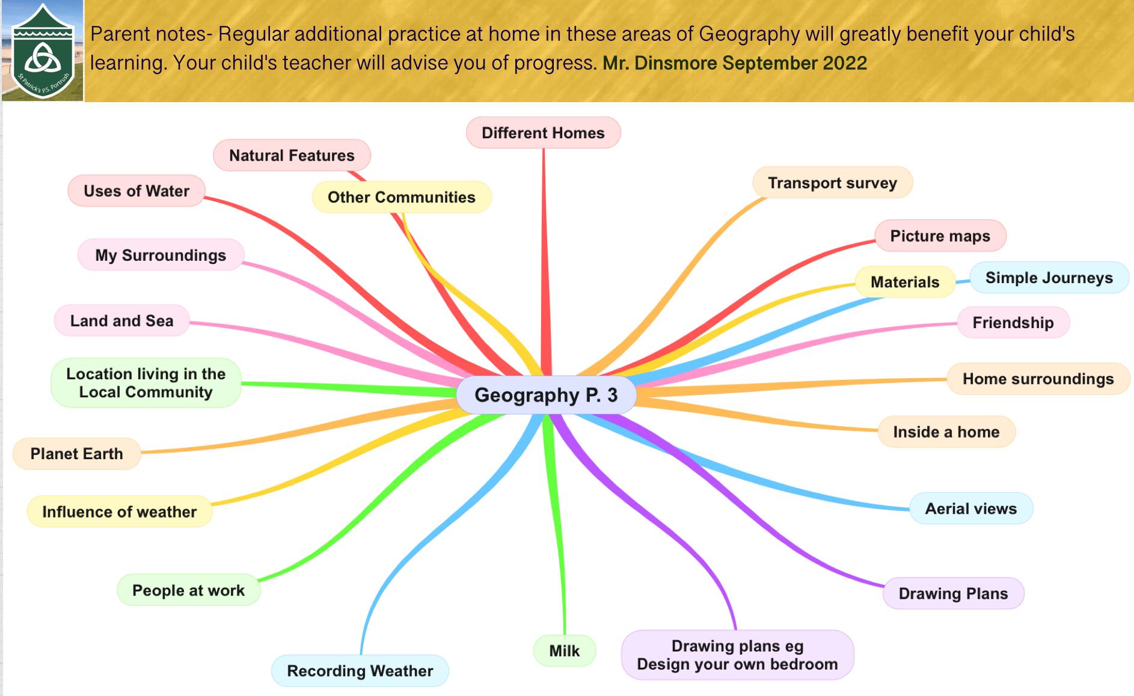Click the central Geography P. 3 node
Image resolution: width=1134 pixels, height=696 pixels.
tap(546, 395)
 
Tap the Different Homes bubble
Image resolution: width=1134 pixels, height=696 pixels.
tap(543, 133)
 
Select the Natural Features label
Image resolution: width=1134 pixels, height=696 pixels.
tap(292, 156)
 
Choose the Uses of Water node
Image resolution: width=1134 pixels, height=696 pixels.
tap(136, 191)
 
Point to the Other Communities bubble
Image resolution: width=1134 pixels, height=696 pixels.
tap(402, 197)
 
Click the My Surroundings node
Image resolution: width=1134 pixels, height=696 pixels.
tap(161, 255)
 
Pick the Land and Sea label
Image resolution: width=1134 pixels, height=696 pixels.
tap(121, 320)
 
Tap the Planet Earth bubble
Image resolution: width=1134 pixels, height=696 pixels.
tap(76, 453)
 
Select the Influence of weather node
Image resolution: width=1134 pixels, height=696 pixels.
tap(119, 511)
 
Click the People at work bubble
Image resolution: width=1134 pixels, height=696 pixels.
tap(188, 590)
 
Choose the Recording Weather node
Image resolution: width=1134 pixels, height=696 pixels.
tap(360, 671)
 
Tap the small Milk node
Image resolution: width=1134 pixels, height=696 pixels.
tap(564, 650)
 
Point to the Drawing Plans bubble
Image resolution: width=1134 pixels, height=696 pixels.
tap(953, 593)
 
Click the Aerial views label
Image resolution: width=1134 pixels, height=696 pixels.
tap(970, 508)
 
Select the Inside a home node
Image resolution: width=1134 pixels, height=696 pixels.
tap(946, 432)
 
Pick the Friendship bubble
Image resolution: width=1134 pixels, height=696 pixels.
tap(1013, 322)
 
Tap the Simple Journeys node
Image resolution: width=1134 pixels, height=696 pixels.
tap(1049, 278)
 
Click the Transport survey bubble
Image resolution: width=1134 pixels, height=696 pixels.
tap(832, 183)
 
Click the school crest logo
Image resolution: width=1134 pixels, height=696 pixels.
tap(43, 51)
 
